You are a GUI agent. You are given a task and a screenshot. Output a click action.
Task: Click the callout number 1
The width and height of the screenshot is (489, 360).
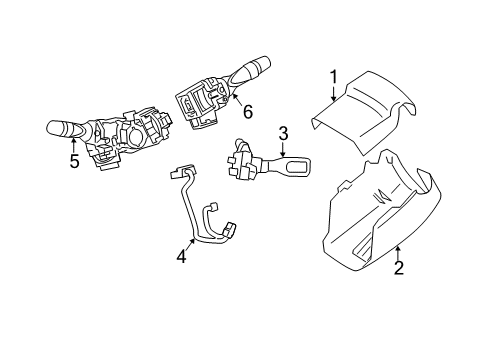point(334,77)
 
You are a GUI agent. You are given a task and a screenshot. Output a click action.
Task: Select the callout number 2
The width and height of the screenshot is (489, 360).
point(399,268)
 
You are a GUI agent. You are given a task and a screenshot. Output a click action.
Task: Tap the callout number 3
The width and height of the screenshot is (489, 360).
point(283,134)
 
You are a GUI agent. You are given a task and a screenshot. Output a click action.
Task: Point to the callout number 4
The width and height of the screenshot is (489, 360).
point(182,257)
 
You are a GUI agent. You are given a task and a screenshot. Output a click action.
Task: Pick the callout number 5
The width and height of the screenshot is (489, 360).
point(74,161)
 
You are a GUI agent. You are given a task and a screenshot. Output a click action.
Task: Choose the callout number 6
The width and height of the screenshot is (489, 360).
point(248,112)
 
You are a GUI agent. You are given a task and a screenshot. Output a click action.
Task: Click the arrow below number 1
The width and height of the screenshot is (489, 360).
point(334,93)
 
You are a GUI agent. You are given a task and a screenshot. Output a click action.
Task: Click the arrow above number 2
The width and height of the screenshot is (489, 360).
point(397,253)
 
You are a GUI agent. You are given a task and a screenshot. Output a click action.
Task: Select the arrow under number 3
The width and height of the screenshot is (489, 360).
point(283,149)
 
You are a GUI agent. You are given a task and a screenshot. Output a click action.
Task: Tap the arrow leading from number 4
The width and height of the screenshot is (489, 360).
point(189,245)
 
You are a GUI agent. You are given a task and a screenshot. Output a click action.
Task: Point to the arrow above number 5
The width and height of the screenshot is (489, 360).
point(74,146)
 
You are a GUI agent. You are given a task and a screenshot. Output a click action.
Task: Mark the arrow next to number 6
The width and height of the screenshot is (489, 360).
point(238,100)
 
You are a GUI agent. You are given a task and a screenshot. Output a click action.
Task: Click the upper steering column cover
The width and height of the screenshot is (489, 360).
point(363,112)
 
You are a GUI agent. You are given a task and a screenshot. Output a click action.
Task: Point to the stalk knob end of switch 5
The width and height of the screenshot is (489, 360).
point(55,128)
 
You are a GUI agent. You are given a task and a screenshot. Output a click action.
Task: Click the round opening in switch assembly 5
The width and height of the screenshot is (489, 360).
point(137,136)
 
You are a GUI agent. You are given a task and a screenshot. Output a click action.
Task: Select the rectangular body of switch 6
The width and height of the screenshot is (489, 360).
point(197,102)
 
